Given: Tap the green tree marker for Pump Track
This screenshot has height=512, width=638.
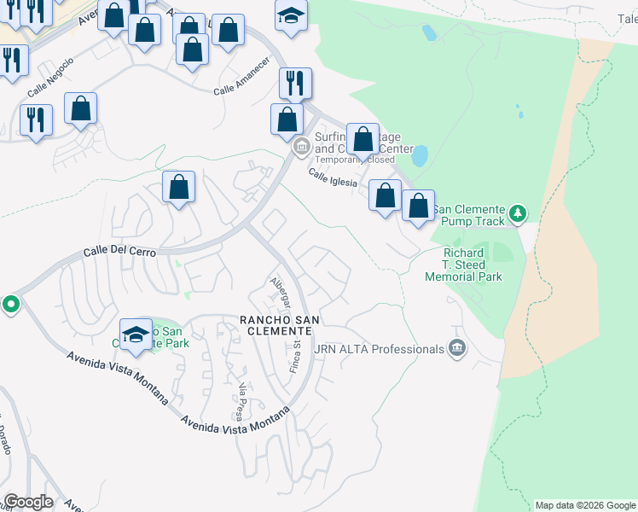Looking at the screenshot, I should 517,212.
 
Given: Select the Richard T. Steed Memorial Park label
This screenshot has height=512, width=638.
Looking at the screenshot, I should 463,265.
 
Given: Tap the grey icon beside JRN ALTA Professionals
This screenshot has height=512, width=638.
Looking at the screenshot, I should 457,348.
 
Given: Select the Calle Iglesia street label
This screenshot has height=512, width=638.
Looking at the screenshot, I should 332,177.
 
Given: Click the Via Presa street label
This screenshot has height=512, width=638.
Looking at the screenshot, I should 241,401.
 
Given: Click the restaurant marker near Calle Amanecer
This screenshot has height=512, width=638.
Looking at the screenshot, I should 296,83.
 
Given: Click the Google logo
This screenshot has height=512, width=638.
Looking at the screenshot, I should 28,501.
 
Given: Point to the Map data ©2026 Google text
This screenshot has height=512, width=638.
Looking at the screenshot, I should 585,505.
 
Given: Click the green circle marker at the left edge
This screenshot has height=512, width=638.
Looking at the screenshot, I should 10,304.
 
